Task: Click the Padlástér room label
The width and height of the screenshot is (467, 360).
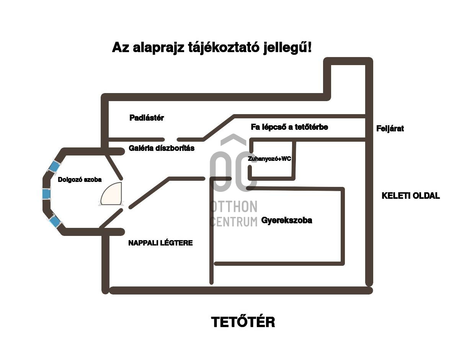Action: (x=147, y=118)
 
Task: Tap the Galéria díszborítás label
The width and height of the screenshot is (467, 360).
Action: (x=162, y=148)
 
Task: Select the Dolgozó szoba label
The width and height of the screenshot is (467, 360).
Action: (x=80, y=180)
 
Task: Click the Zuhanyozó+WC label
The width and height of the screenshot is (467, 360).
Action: (x=269, y=159)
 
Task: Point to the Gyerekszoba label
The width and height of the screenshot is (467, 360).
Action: (x=287, y=220)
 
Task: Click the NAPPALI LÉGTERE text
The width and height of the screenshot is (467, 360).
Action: (x=160, y=243)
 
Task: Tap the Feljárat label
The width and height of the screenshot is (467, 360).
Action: (x=390, y=129)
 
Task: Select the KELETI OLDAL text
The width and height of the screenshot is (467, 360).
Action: (x=411, y=196)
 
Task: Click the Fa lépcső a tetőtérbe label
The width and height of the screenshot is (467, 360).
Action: (x=289, y=127)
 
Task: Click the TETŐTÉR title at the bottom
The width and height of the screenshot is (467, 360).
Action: (x=243, y=322)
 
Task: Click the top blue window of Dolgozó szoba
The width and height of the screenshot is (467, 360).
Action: (x=54, y=166)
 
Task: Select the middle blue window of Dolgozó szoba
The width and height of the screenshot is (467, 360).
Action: (x=46, y=194)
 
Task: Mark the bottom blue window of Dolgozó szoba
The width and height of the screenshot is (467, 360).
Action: (x=54, y=221)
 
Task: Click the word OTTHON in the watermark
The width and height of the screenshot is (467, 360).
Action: (x=233, y=207)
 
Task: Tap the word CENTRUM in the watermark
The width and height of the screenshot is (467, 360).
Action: (x=233, y=221)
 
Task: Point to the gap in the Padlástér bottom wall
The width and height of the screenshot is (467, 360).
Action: (x=171, y=139)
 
